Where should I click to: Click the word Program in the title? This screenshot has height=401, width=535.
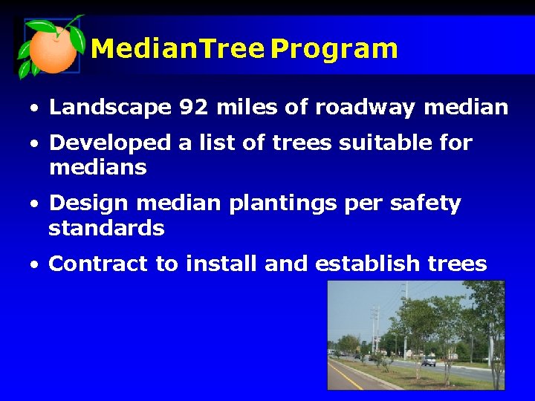pyautogui.click(x=334, y=50)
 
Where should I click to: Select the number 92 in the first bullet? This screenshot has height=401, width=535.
pyautogui.click(x=193, y=108)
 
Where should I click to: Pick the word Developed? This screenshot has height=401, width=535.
pyautogui.click(x=109, y=143)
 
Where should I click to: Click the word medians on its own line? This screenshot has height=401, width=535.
pyautogui.click(x=97, y=168)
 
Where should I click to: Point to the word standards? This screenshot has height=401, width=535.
pyautogui.click(x=106, y=228)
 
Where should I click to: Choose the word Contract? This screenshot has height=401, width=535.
pyautogui.click(x=98, y=264)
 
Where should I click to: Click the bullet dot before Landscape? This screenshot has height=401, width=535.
pyautogui.click(x=35, y=109)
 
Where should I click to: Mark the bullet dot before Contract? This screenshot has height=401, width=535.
pyautogui.click(x=35, y=264)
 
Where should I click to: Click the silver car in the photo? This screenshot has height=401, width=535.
pyautogui.click(x=429, y=361)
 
